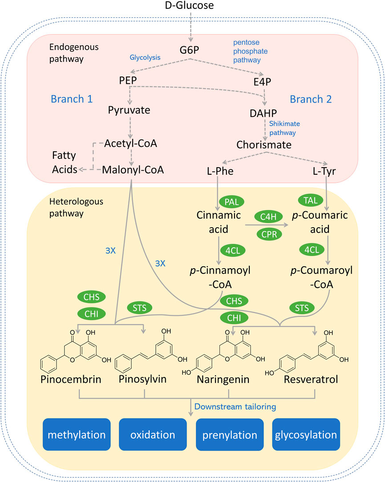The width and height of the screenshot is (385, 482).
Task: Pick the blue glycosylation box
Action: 306,434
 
